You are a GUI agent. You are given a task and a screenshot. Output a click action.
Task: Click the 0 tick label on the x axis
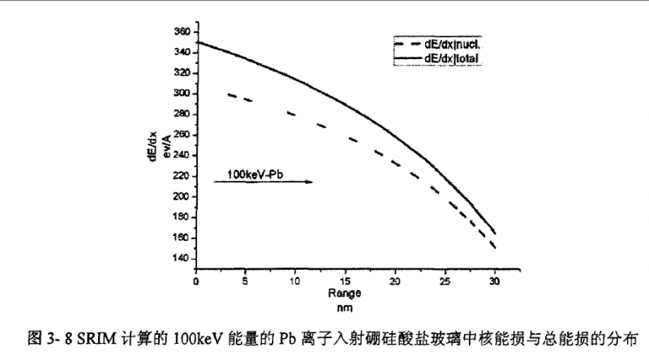tap(196, 281)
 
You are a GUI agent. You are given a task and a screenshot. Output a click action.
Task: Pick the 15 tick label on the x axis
tap(345, 281)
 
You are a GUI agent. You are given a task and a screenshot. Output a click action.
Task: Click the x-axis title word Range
tap(344, 294)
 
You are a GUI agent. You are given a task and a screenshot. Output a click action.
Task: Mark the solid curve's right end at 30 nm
tap(494, 232)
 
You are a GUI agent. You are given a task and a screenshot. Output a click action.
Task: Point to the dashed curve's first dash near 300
tap(231, 95)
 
